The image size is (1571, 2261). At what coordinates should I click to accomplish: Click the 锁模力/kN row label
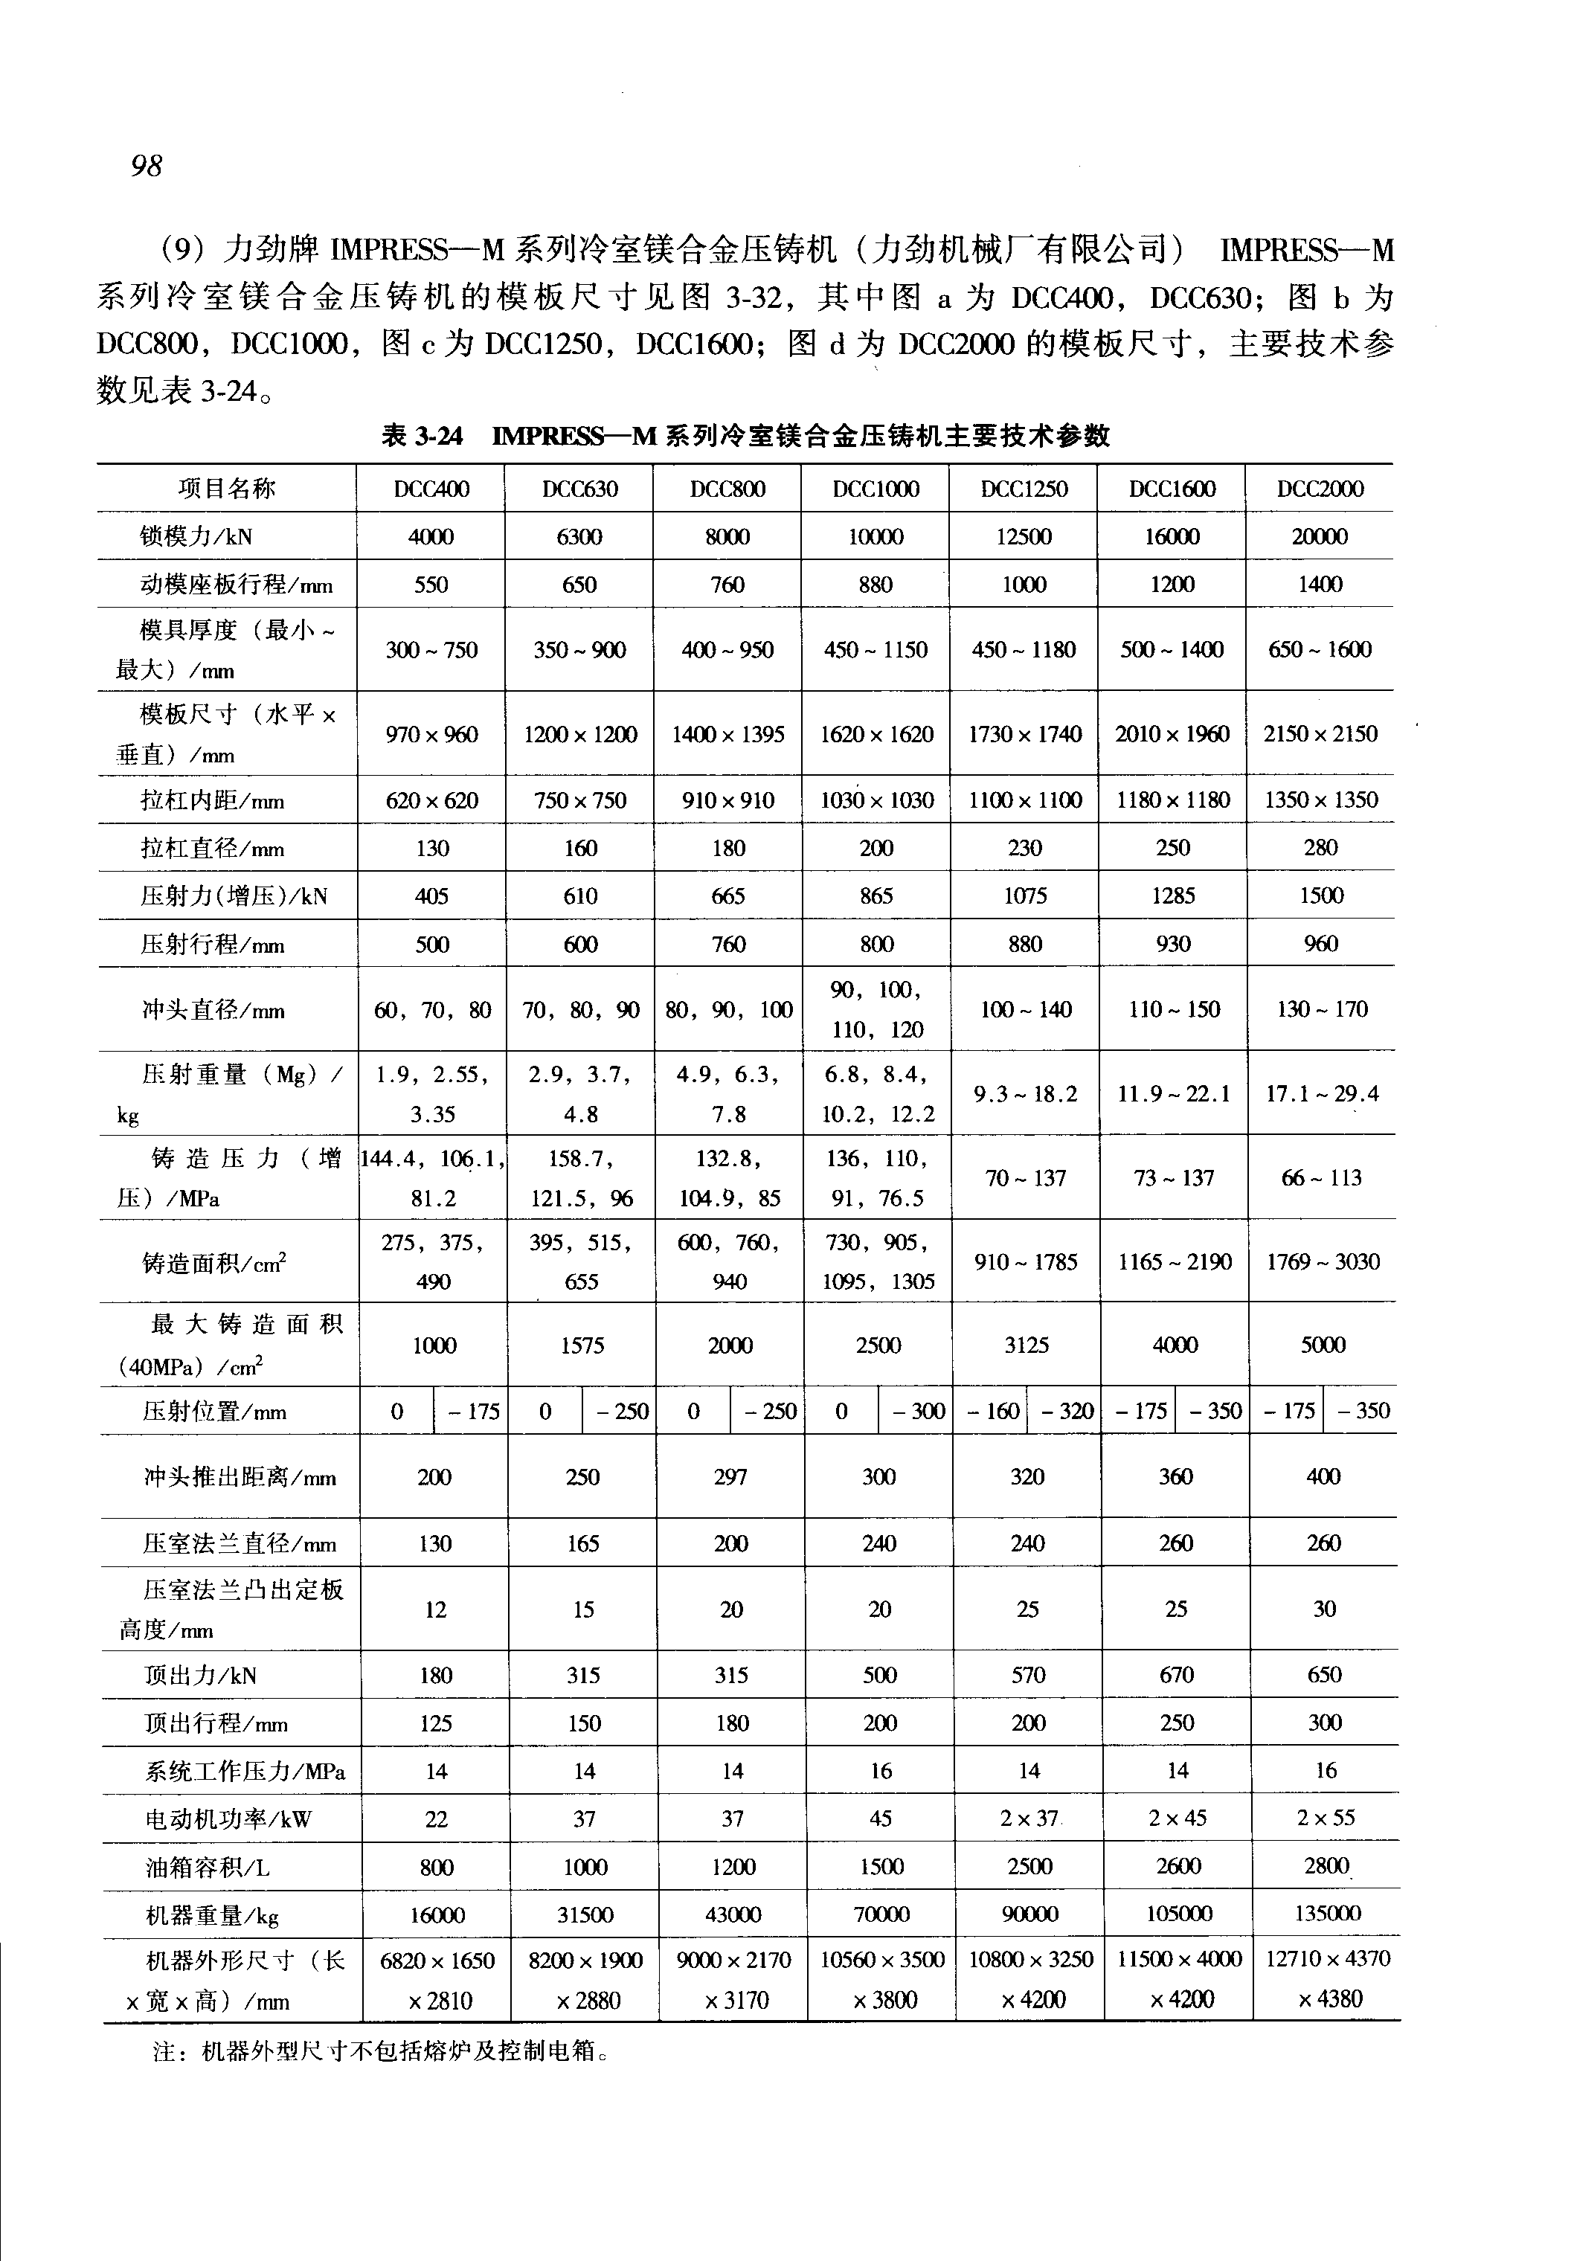tap(197, 536)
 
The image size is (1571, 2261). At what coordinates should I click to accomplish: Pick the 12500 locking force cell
tap(1024, 536)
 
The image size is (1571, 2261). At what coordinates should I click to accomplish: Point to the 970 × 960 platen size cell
tap(431, 734)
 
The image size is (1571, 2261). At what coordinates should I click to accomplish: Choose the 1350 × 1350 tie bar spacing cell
tap(1321, 800)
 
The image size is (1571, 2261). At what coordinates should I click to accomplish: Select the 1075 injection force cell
tap(1025, 895)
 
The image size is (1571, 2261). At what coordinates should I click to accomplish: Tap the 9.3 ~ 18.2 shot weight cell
tap(1026, 1093)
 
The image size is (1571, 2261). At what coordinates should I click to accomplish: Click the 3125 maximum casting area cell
tap(1027, 1345)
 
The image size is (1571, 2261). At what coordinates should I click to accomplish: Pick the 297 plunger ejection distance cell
tap(730, 1476)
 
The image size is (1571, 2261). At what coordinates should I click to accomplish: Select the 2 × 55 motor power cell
tap(1325, 1818)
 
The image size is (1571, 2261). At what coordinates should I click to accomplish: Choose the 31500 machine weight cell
tap(585, 1914)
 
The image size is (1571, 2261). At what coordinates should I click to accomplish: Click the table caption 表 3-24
tap(421, 436)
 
